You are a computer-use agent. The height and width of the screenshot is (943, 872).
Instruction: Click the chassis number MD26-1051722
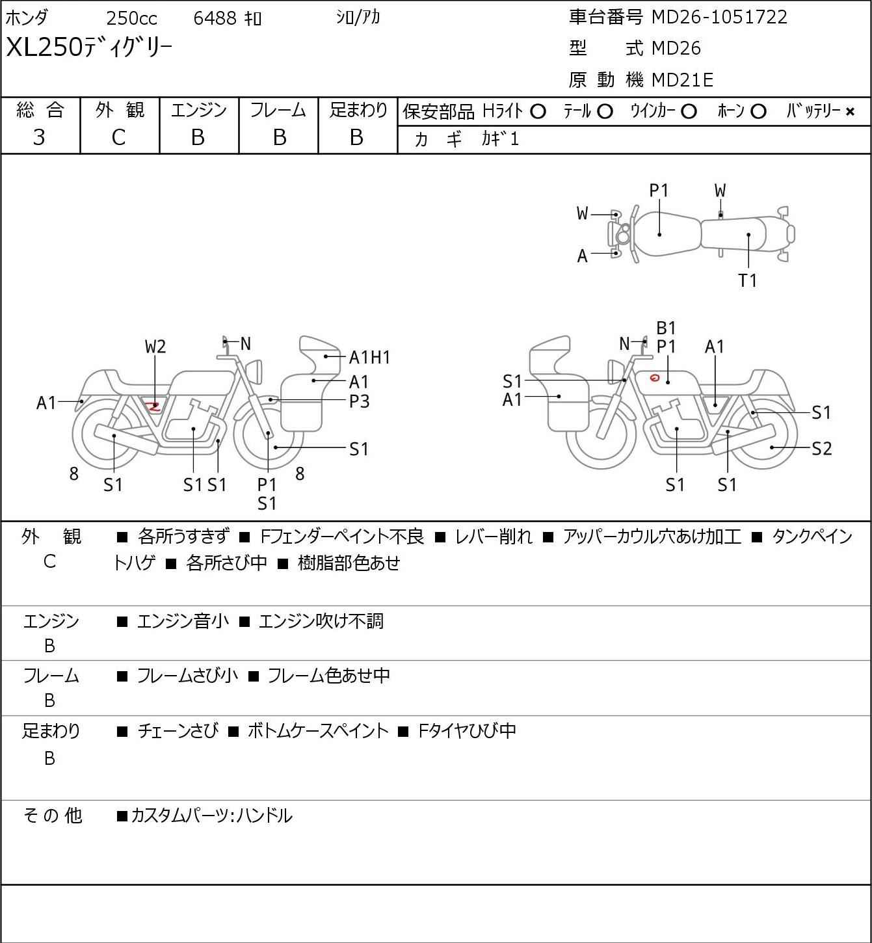[719, 17]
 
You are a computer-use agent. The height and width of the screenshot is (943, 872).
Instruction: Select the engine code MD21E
[682, 80]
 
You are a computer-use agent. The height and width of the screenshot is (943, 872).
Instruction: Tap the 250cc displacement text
[131, 18]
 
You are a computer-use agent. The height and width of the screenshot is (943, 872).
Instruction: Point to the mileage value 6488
[215, 18]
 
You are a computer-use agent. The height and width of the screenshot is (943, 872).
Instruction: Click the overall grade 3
[39, 137]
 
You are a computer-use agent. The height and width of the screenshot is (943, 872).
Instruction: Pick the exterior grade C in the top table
[118, 137]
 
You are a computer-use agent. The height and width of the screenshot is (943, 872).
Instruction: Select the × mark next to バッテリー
[850, 112]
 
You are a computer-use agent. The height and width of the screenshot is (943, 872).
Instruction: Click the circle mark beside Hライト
[538, 112]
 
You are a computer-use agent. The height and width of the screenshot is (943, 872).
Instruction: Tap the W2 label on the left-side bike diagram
[155, 347]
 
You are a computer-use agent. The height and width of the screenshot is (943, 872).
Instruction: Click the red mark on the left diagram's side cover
[153, 407]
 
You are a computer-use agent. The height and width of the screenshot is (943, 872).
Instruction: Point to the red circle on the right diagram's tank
[655, 378]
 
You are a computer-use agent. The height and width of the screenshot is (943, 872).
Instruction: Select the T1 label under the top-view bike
[748, 280]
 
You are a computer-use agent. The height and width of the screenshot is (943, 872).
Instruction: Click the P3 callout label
[359, 401]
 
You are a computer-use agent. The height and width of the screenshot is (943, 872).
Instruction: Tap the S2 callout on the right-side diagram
[821, 448]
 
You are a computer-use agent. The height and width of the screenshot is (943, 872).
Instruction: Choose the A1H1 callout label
[369, 357]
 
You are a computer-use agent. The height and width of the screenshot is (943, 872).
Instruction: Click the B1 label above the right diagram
[666, 328]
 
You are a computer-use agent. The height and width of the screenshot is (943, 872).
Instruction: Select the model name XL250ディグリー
[89, 48]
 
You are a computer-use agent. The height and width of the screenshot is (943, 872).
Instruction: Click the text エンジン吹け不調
[321, 621]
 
